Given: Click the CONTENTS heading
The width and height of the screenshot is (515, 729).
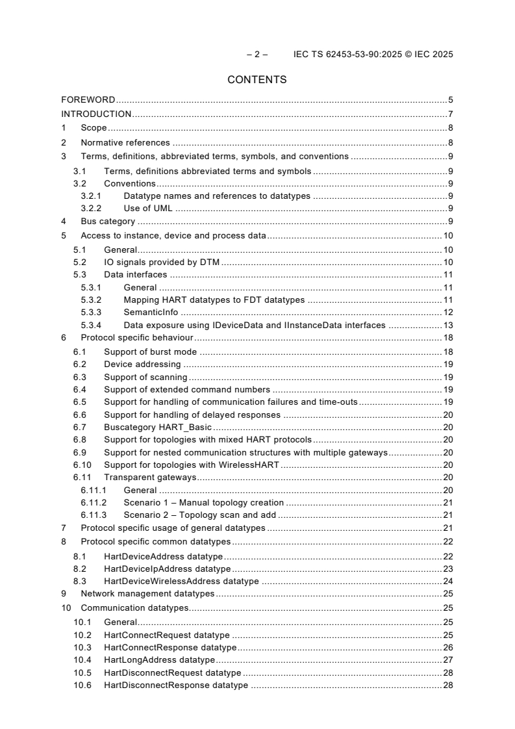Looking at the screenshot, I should tap(257, 80).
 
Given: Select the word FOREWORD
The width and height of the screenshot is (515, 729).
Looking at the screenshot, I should tap(88, 100).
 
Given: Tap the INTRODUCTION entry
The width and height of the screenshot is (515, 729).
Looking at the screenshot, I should tap(96, 114).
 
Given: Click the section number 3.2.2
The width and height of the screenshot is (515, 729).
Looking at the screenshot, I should tap(92, 209).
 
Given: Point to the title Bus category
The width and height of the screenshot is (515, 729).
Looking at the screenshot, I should tap(108, 222).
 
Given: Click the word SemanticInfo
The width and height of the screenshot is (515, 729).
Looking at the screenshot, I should tap(151, 312).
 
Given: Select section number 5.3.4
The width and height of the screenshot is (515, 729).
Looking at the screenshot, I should tap(92, 325).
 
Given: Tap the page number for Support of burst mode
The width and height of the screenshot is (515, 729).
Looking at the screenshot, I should tap(447, 352).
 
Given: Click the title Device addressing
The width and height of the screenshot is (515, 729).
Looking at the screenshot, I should tap(142, 364).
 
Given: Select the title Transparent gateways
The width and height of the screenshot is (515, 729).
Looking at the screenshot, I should tap(150, 478).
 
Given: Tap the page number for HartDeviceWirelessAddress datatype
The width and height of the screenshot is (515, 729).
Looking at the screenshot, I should tap(447, 581).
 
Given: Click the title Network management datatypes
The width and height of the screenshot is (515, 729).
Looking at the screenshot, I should tap(147, 594).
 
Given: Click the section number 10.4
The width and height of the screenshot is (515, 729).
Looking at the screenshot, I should tap(82, 660).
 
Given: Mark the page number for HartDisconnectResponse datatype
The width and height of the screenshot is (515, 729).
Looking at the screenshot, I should tap(447, 685).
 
